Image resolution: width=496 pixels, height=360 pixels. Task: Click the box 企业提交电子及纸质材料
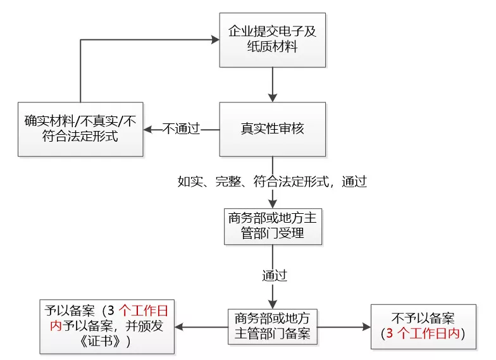272,40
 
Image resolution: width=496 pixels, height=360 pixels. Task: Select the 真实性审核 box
272,129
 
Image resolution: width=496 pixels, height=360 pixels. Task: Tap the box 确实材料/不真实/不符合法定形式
80,128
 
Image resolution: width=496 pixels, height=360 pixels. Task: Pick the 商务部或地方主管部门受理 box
272,226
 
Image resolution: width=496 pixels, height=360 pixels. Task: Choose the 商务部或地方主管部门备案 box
272,326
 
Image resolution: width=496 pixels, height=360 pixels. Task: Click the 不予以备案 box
423,326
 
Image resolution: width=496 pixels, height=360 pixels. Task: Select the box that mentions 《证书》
107,326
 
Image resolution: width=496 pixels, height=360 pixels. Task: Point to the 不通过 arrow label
182,129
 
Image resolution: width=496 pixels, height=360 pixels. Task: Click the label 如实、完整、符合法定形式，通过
273,182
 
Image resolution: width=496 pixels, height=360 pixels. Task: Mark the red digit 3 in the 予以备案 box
112,311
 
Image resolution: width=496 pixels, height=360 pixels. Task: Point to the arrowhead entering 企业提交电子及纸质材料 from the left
214,40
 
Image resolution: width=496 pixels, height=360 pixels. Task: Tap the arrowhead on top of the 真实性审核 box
272,97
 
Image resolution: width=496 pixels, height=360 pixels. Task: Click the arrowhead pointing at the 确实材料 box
148,129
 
